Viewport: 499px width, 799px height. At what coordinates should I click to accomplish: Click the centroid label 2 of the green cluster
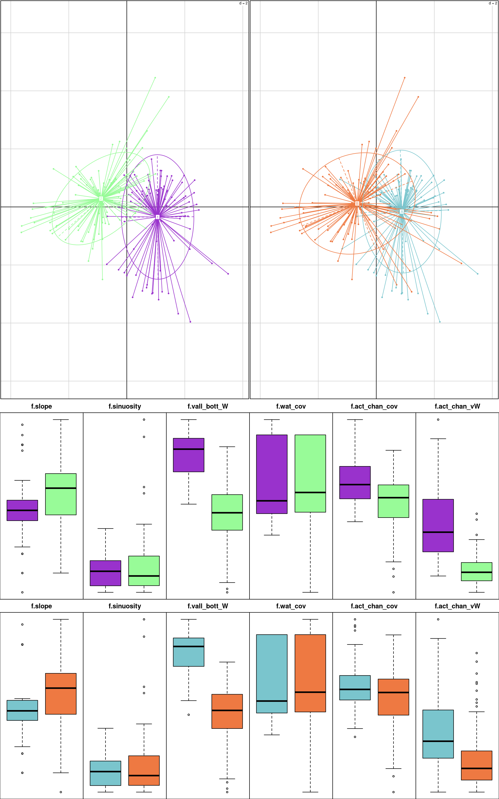coord(101,198)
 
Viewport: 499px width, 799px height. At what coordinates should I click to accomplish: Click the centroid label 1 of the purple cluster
coord(157,217)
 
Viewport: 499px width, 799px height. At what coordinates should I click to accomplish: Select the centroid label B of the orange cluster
coord(357,203)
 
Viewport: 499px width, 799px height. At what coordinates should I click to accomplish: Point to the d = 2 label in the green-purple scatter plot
coord(243,3)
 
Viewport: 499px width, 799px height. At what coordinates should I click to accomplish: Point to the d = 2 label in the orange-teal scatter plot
coord(493,3)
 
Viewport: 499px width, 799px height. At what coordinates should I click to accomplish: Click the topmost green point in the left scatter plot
coord(155,78)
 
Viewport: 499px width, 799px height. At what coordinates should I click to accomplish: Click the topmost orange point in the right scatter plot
coord(405,78)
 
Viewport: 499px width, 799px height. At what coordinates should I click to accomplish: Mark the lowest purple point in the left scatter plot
coord(190,321)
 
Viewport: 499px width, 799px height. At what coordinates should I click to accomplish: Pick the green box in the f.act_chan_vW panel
coord(477,571)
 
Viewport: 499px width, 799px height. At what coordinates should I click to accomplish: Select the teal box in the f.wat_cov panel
coord(272,674)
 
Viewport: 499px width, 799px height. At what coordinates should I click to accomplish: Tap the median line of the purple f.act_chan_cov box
coord(355,484)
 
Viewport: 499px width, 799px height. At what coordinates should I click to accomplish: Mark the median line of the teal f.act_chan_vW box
coord(438,741)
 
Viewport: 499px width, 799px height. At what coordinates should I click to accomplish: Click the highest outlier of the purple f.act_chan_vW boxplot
coord(438,420)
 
